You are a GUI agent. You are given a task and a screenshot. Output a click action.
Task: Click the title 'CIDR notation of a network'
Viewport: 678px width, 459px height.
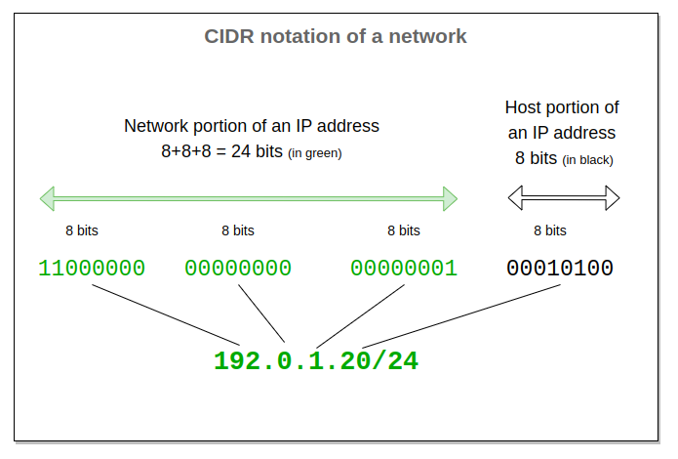click(336, 37)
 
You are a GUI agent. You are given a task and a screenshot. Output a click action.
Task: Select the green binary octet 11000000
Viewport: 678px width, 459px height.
click(92, 269)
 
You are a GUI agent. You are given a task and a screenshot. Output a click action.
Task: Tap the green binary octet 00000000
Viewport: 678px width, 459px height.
click(238, 269)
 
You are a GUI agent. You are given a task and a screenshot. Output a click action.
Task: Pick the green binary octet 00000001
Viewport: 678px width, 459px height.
click(404, 269)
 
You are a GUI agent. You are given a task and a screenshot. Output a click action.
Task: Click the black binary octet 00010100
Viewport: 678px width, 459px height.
click(560, 269)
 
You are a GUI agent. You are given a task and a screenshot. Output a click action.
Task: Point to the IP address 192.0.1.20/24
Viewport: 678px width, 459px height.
click(316, 361)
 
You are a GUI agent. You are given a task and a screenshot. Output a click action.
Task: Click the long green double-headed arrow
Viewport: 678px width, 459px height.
click(249, 199)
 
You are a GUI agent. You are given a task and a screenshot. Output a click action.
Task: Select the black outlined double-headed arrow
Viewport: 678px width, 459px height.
click(564, 199)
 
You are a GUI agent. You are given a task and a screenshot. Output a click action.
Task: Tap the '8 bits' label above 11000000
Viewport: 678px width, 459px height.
click(82, 230)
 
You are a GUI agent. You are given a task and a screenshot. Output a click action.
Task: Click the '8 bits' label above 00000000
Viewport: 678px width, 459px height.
click(238, 230)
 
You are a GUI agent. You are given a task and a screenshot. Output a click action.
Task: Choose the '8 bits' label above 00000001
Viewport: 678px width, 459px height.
click(404, 230)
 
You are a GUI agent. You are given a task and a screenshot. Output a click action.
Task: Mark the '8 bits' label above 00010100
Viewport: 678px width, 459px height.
click(550, 230)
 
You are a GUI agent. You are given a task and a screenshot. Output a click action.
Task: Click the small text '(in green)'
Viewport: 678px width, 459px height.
click(315, 154)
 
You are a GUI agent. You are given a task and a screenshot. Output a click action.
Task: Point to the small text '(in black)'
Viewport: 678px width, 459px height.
click(588, 159)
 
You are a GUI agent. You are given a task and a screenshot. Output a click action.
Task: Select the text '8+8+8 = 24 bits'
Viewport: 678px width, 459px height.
click(222, 152)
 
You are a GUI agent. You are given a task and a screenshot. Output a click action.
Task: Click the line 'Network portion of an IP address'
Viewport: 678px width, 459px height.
click(252, 127)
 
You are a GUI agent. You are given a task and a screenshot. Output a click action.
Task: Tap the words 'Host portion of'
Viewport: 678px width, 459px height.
click(562, 107)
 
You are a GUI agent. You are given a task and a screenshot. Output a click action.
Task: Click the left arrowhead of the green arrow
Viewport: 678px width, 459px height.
click(47, 199)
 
